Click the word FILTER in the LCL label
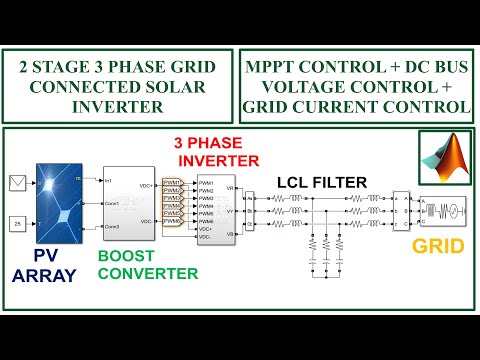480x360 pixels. (337, 182)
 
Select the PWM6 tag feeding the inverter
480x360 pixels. (176, 223)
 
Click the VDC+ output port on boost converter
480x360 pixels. (146, 187)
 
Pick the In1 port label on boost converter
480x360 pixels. (109, 181)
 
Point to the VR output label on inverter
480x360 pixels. (231, 188)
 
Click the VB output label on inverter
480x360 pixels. (231, 233)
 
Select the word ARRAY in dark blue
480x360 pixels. (44, 277)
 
